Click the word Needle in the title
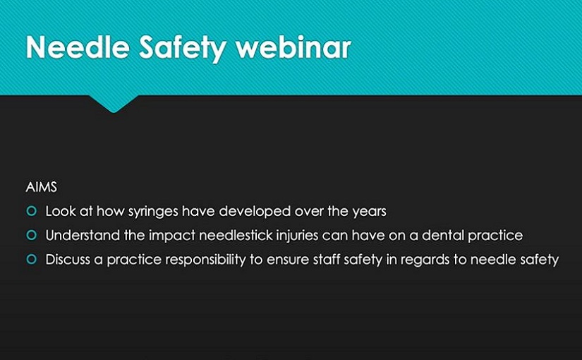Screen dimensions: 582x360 78,47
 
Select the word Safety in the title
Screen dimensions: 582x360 183,48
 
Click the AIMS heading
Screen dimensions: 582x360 42,187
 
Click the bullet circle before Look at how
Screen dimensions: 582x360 32,211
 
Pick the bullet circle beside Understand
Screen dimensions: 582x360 32,235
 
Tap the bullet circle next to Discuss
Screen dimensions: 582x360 32,259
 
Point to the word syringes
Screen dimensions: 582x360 152,212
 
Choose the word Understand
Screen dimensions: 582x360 83,235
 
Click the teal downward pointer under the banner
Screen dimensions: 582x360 114,103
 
